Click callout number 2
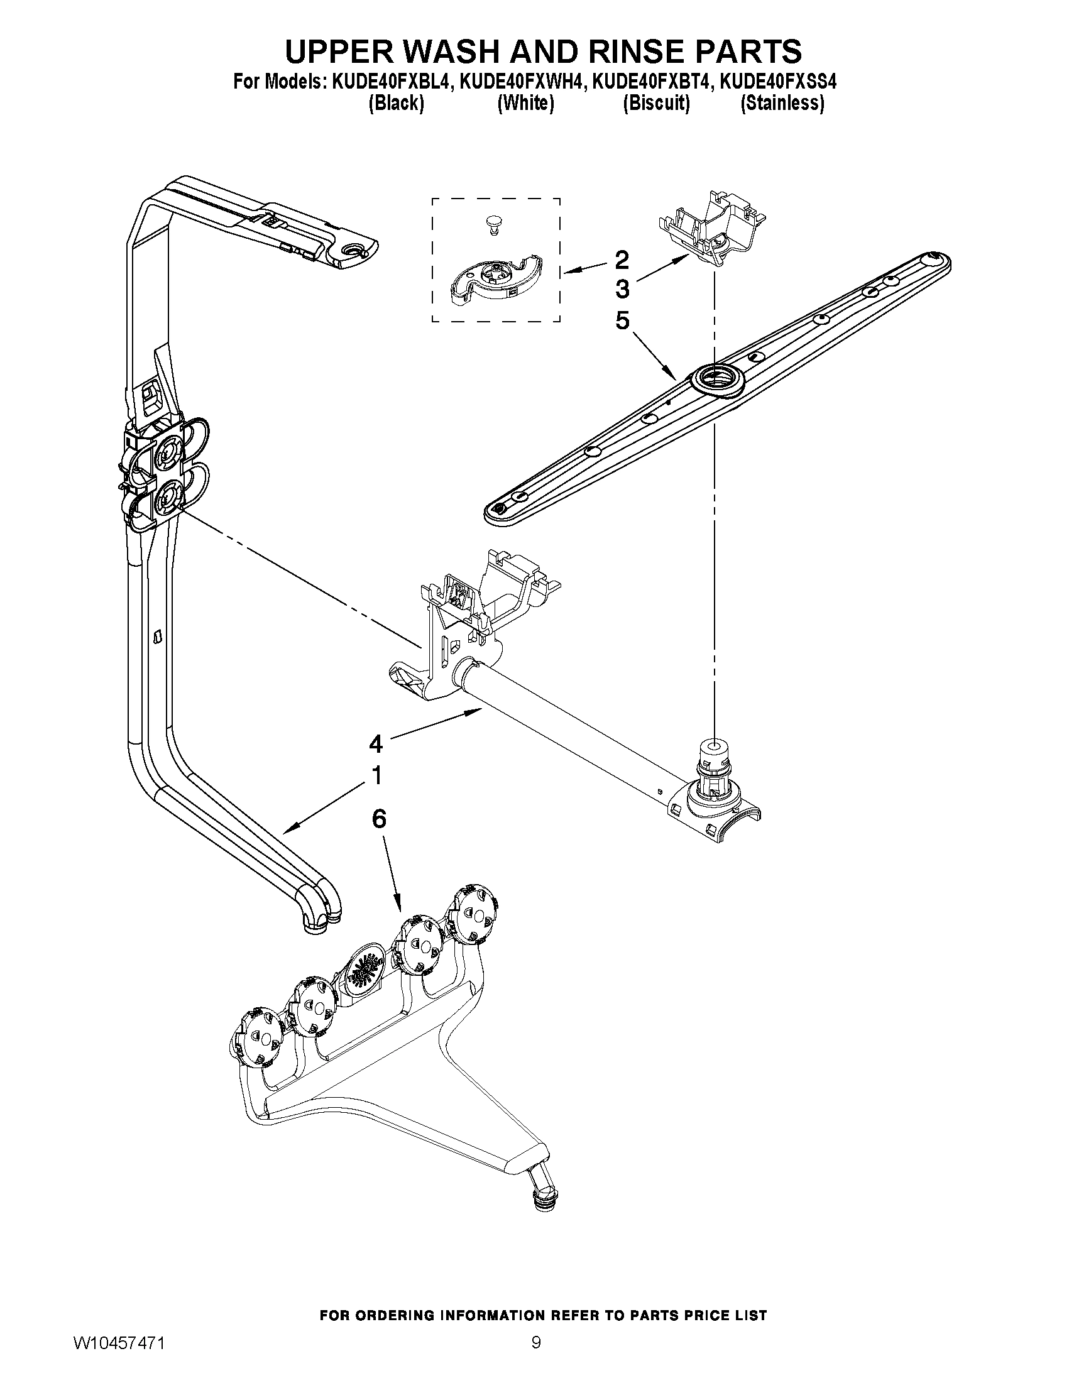(x=622, y=259)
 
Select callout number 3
(x=622, y=290)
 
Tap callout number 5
(x=622, y=321)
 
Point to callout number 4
(x=376, y=743)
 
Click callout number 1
(x=376, y=775)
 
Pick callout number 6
(x=378, y=819)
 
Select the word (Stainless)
(x=782, y=103)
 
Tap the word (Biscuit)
(x=656, y=103)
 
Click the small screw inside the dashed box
(x=491, y=224)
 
